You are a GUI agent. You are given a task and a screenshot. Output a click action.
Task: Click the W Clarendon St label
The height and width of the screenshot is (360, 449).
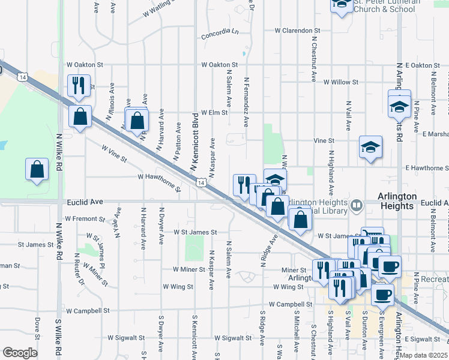298,30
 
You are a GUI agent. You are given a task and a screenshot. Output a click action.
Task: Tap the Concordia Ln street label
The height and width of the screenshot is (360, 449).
220,35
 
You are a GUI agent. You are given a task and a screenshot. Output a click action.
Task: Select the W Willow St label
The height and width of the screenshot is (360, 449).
340,82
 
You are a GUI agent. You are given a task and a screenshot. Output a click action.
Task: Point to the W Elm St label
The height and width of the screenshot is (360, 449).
214,112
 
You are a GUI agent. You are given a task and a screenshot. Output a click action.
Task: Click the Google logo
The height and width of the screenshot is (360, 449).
20,352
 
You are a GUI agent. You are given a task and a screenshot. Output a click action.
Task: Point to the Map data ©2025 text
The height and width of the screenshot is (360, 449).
423,355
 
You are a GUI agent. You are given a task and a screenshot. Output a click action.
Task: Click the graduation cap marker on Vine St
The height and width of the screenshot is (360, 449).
370,146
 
